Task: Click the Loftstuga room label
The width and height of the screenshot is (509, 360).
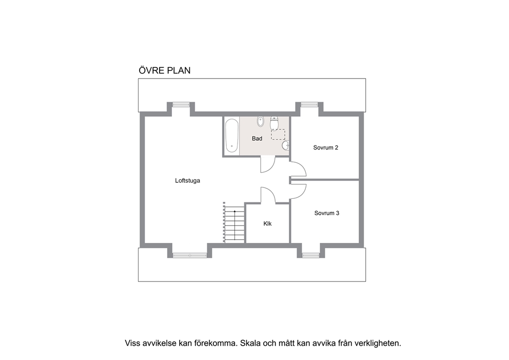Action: (187, 180)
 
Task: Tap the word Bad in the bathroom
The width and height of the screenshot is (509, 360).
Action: (257, 139)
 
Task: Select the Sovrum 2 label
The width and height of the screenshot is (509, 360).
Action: (325, 148)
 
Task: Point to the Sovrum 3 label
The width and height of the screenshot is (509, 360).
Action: (326, 213)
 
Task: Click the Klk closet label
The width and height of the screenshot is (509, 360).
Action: (267, 224)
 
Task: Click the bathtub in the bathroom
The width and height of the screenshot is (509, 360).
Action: (232, 136)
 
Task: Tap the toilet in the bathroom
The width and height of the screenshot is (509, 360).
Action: (274, 124)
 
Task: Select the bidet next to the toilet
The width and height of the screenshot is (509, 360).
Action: (260, 122)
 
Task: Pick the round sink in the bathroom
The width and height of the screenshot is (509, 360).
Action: (286, 146)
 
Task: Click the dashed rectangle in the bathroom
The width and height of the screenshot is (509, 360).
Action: (278, 135)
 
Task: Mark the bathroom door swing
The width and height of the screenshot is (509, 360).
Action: (268, 164)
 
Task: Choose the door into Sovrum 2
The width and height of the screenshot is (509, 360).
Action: (298, 169)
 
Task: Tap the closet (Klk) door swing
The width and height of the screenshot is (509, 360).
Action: (268, 195)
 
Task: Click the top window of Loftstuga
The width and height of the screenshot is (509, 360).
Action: (181, 104)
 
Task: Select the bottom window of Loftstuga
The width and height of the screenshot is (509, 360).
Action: (190, 255)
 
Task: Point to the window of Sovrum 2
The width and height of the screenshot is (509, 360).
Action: (308, 104)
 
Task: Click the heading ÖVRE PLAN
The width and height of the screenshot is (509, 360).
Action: (164, 71)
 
